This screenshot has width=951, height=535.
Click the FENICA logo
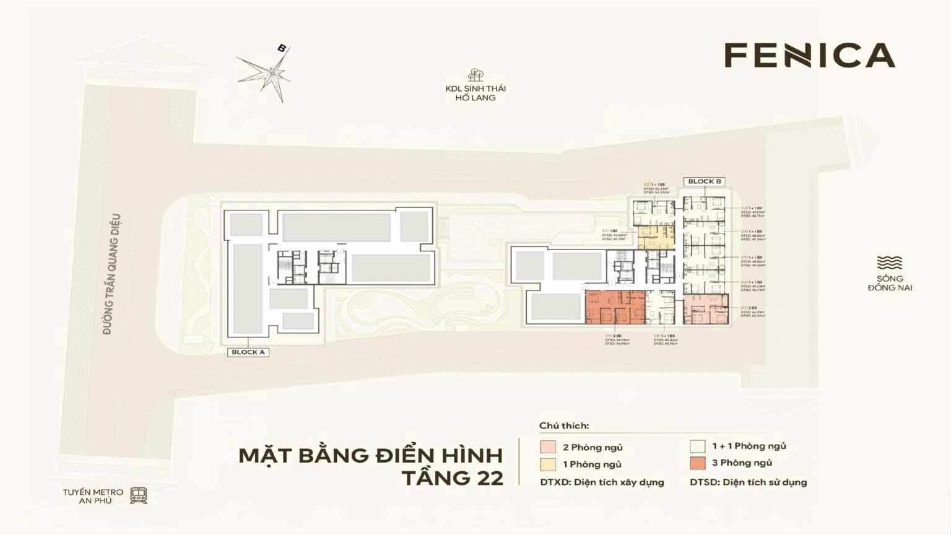[x=809, y=55]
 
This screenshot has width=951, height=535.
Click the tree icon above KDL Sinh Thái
[x=475, y=75]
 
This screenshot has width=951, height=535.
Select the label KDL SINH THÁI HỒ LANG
[x=475, y=93]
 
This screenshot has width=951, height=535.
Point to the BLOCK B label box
[x=704, y=181]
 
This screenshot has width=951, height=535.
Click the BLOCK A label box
[x=248, y=352]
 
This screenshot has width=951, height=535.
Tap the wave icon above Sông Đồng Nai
[x=890, y=263]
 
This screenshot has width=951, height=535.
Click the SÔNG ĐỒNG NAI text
[x=890, y=283]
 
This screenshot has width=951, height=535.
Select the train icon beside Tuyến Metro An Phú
[x=139, y=495]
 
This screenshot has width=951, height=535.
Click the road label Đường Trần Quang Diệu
[x=111, y=274]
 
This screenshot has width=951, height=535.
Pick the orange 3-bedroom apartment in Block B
[x=615, y=307]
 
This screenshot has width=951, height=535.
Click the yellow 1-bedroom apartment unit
[x=655, y=237]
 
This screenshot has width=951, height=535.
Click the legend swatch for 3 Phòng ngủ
[x=698, y=463]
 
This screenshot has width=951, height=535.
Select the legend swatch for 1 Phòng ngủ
[x=548, y=464]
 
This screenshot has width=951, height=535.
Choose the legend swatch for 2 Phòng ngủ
[x=548, y=447]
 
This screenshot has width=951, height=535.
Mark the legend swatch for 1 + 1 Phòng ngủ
[x=698, y=446]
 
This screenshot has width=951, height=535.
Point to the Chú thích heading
[x=564, y=425]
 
